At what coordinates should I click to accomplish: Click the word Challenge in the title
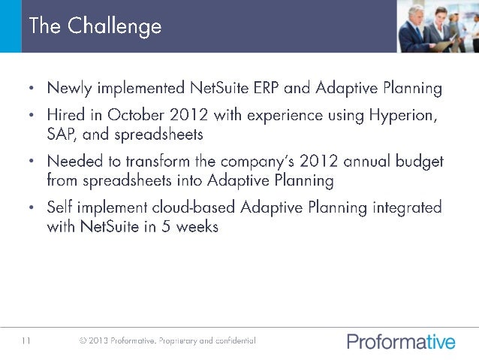pos(114,26)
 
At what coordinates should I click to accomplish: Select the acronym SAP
pos(61,135)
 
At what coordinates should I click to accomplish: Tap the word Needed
pos(76,162)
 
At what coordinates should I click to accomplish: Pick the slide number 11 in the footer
pos(26,341)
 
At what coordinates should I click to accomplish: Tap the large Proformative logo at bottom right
pos(401,342)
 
